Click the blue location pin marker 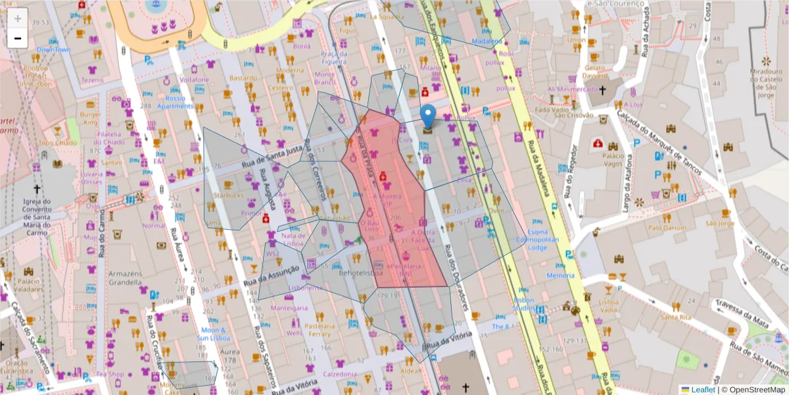(x=428, y=117)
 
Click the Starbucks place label (x=228, y=196)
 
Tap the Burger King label (x=90, y=118)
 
